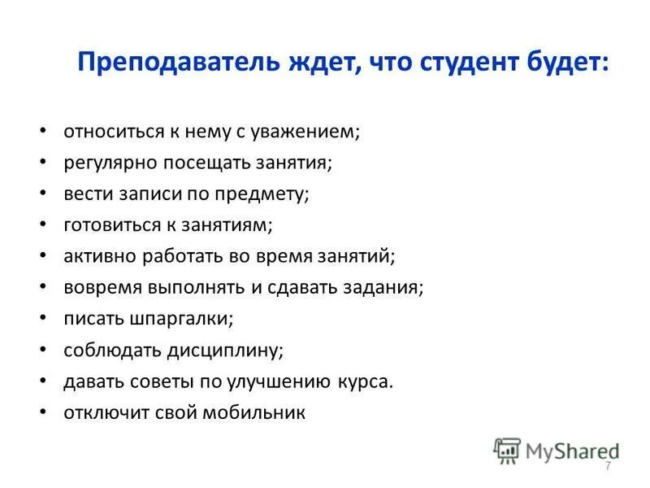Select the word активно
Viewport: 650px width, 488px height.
click(x=102, y=256)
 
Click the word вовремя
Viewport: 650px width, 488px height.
click(x=105, y=288)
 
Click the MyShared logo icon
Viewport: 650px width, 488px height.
click(x=507, y=450)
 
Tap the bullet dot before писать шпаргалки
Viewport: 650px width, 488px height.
click(x=43, y=319)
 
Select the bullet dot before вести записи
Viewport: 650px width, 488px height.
click(x=43, y=194)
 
